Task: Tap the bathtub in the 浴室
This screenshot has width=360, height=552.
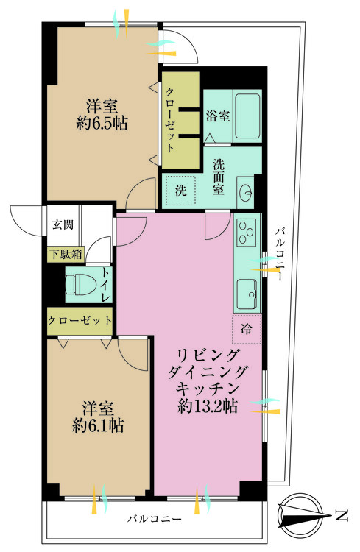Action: coord(247,116)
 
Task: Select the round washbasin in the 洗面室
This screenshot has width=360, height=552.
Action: coord(246,194)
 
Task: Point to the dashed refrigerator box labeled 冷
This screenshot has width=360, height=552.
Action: coord(247,330)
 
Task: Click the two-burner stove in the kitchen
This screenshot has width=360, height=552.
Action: coord(246,234)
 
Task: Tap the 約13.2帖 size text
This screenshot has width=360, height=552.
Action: coord(207,406)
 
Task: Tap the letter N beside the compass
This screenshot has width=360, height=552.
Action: coord(341,514)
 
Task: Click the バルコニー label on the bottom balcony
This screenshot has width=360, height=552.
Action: coord(153,520)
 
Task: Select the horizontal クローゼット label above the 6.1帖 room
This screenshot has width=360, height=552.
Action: coord(80,321)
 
